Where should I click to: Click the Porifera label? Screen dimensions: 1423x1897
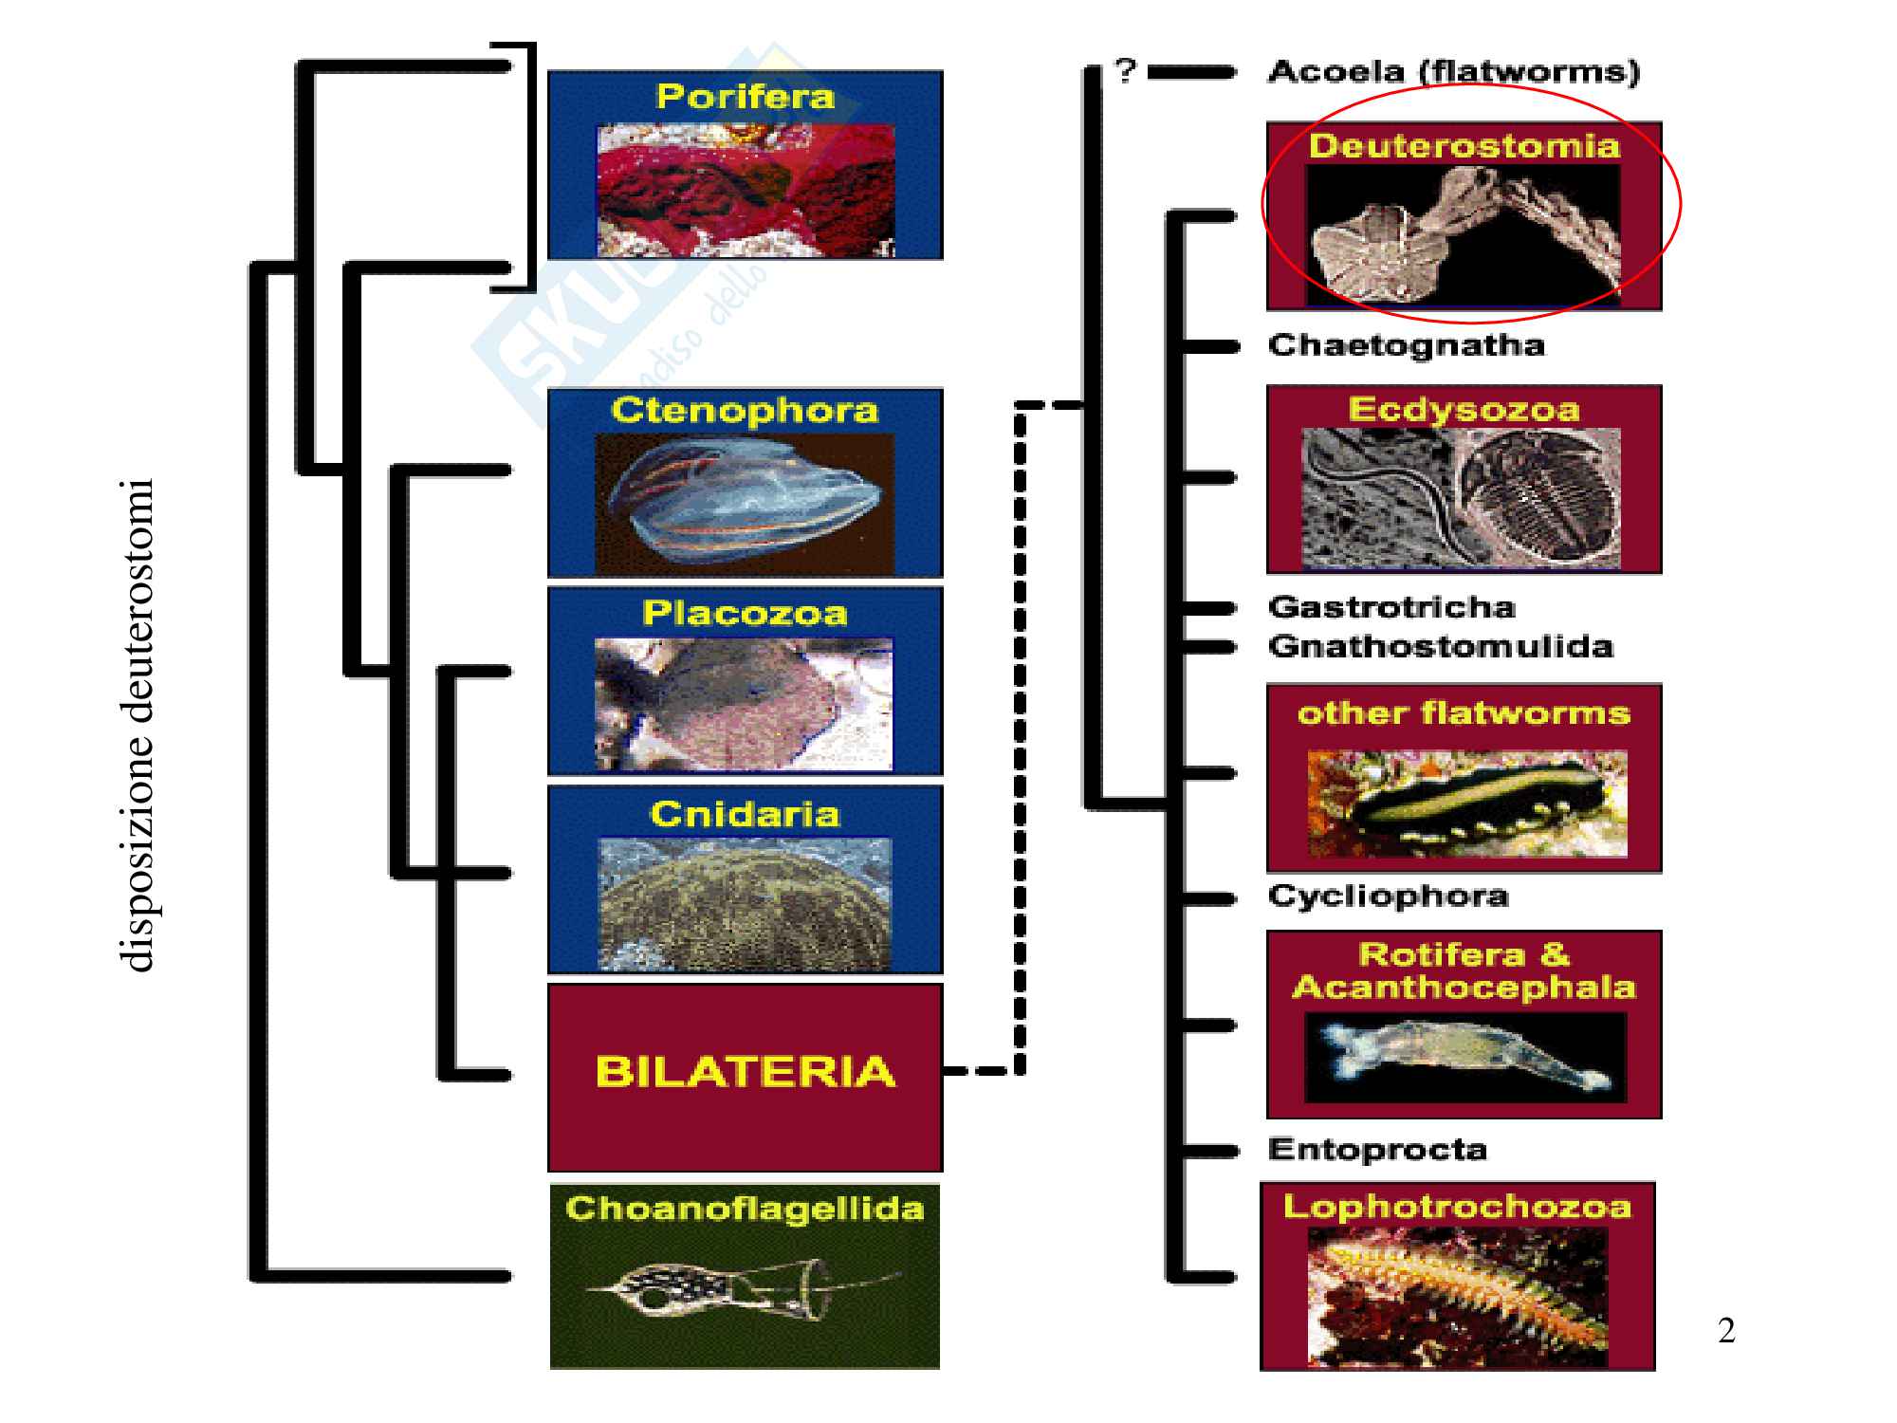click(x=745, y=97)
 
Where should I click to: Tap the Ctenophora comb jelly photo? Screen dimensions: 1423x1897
click(x=745, y=503)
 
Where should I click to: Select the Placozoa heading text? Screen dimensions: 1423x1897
click(x=745, y=614)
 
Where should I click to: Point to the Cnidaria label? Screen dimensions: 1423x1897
click(x=745, y=814)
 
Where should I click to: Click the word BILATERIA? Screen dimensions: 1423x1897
click(x=745, y=1072)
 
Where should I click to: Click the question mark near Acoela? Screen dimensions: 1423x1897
click(x=1125, y=70)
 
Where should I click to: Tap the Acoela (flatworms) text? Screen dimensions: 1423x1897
click(x=1453, y=72)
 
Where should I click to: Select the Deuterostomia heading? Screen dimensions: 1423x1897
click(x=1464, y=146)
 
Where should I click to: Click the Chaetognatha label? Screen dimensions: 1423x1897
click(x=1406, y=345)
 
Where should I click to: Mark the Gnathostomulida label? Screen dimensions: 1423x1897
click(x=1440, y=647)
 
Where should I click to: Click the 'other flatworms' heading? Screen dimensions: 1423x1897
click(x=1464, y=713)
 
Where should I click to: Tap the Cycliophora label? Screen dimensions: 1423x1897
click(x=1388, y=896)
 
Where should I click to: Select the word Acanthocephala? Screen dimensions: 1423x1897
click(x=1464, y=988)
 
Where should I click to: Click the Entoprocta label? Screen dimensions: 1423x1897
click(x=1377, y=1150)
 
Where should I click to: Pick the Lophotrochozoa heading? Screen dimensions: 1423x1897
click(x=1457, y=1207)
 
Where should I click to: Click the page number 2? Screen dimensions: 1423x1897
click(x=1726, y=1331)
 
